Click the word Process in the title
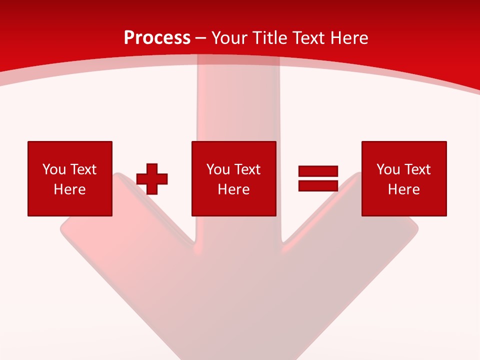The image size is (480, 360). [x=157, y=37]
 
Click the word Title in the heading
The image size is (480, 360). [x=270, y=37]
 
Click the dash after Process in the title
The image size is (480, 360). [x=200, y=38]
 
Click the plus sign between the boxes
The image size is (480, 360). [x=152, y=178]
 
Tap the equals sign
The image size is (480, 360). [x=318, y=178]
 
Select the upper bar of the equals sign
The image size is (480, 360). [x=318, y=171]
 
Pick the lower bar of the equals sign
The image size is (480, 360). [x=318, y=185]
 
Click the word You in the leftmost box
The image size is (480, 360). [x=54, y=169]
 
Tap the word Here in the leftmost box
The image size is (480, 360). [x=70, y=189]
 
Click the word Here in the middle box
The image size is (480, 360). [x=234, y=189]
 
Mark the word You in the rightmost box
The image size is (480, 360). [x=388, y=169]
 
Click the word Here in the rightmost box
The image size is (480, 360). [x=404, y=189]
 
